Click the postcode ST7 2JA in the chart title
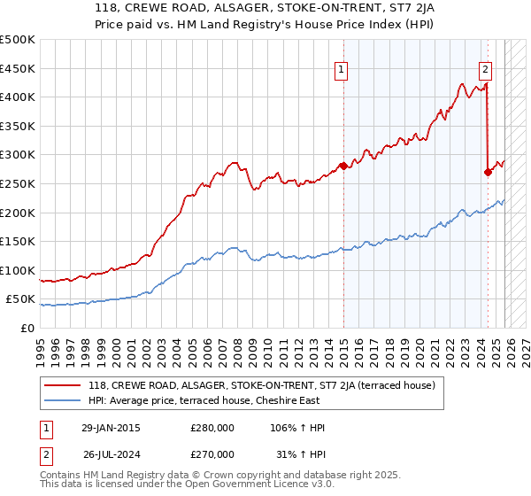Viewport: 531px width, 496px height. click(396, 11)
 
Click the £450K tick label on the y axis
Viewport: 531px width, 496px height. click(18, 68)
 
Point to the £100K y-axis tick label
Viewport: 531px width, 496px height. click(18, 271)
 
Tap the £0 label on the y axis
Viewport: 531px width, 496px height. click(27, 329)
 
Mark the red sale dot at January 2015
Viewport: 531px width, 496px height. click(343, 166)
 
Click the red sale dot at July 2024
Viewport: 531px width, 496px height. click(488, 172)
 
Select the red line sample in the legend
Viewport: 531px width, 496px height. click(62, 386)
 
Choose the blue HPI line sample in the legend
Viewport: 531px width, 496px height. click(62, 401)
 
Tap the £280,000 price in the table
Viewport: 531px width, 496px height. click(212, 428)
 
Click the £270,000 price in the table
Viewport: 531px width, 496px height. click(212, 455)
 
